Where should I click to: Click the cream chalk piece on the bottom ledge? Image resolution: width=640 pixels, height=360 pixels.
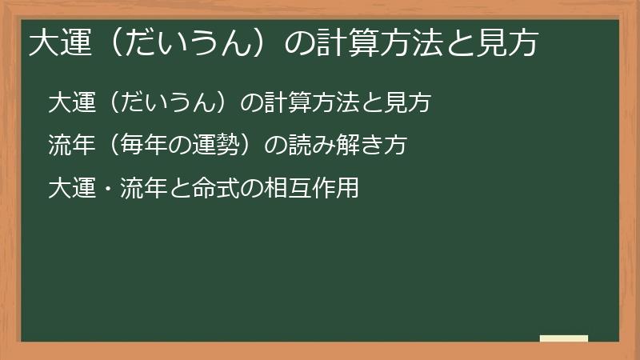click(563, 338)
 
